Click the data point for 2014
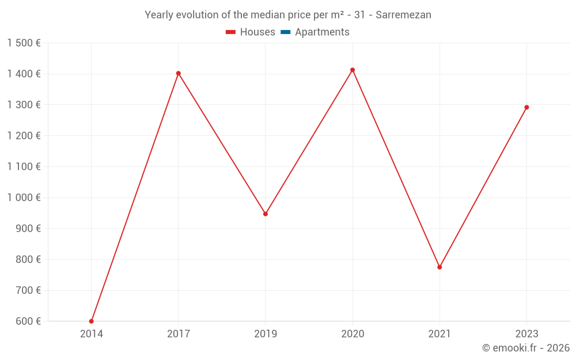pyautogui.click(x=92, y=321)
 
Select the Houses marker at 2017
pyautogui.click(x=179, y=73)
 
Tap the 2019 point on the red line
pyautogui.click(x=266, y=214)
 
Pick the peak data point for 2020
pyautogui.click(x=353, y=70)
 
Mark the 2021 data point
pyautogui.click(x=439, y=267)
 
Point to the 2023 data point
pyautogui.click(x=526, y=107)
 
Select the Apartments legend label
pyautogui.click(x=322, y=32)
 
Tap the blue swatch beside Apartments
pyautogui.click(x=286, y=32)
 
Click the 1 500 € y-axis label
pyautogui.click(x=24, y=43)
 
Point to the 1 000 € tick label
pyautogui.click(x=24, y=198)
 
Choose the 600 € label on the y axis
pyautogui.click(x=28, y=321)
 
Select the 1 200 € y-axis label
pyautogui.click(x=24, y=136)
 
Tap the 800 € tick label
pyautogui.click(x=28, y=260)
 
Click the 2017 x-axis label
pyautogui.click(x=179, y=334)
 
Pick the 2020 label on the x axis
pyautogui.click(x=353, y=334)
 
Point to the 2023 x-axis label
pyautogui.click(x=526, y=334)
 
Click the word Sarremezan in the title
pyautogui.click(x=403, y=15)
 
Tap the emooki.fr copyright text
pyautogui.click(x=526, y=348)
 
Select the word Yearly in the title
pyautogui.click(x=158, y=15)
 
